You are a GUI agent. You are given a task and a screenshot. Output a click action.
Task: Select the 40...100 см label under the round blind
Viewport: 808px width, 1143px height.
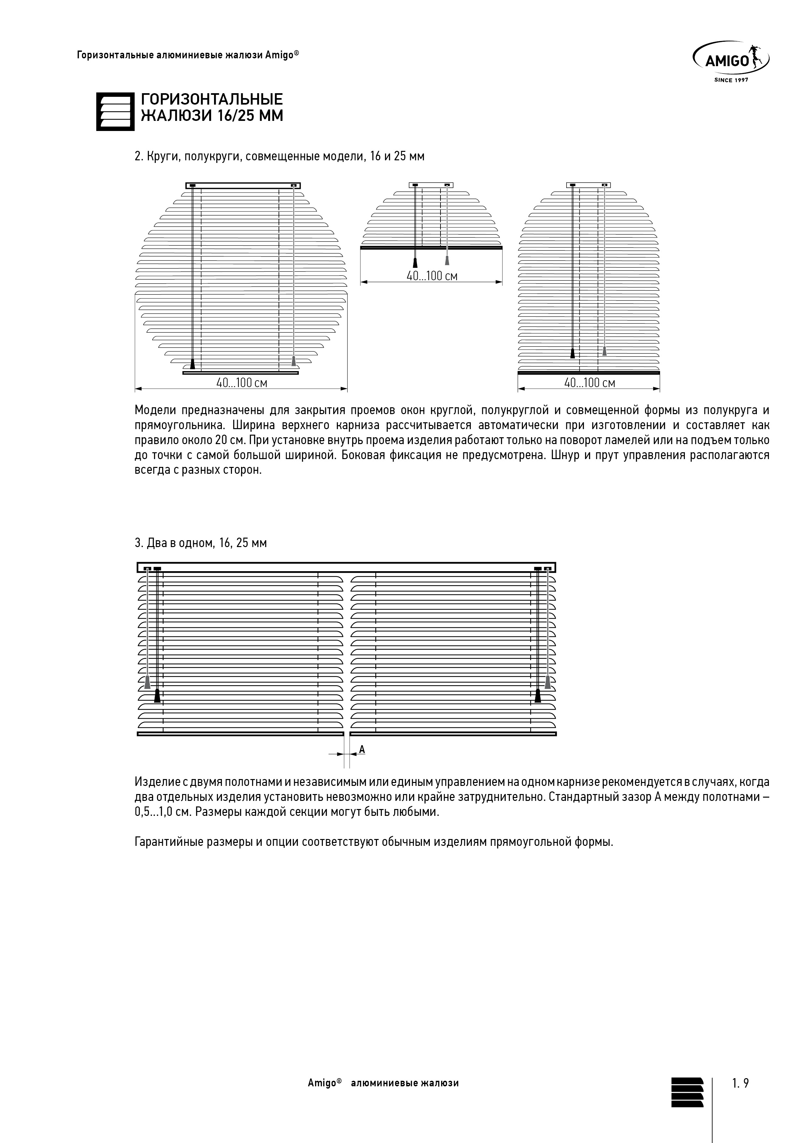[x=241, y=383]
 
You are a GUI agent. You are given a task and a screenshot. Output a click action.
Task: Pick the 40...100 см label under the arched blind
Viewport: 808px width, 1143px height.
[x=589, y=383]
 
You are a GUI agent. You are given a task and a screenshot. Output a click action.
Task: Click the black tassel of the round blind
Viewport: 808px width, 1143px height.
[x=193, y=364]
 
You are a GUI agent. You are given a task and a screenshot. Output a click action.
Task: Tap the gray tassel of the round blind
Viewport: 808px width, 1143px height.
[x=294, y=361]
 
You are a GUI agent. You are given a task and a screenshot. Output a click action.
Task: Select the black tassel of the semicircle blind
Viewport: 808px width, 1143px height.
[x=415, y=263]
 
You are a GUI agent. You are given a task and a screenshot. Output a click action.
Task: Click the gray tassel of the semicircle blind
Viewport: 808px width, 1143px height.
[x=447, y=260]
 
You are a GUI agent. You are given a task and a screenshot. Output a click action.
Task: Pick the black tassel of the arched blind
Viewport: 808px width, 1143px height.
[x=572, y=354]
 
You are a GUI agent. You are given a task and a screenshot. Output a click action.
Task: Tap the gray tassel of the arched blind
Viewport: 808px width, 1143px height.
[x=604, y=351]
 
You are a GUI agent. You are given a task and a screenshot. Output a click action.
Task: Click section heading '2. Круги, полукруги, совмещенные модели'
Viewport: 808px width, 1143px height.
[x=279, y=156]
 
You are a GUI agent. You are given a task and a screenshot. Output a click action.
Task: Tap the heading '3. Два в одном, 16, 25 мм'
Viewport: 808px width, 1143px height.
[x=201, y=543]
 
